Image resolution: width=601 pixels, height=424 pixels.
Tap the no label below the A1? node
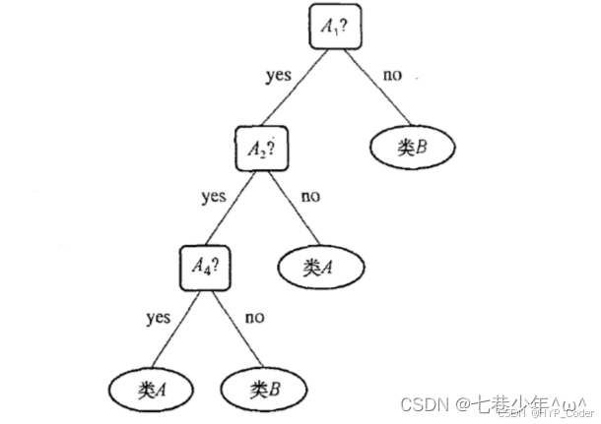pyautogui.click(x=392, y=75)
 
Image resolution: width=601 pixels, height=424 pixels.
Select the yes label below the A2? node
pyautogui.click(x=214, y=197)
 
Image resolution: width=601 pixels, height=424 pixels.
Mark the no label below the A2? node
pyautogui.click(x=310, y=197)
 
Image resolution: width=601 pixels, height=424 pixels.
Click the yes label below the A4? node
pyautogui.click(x=158, y=317)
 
